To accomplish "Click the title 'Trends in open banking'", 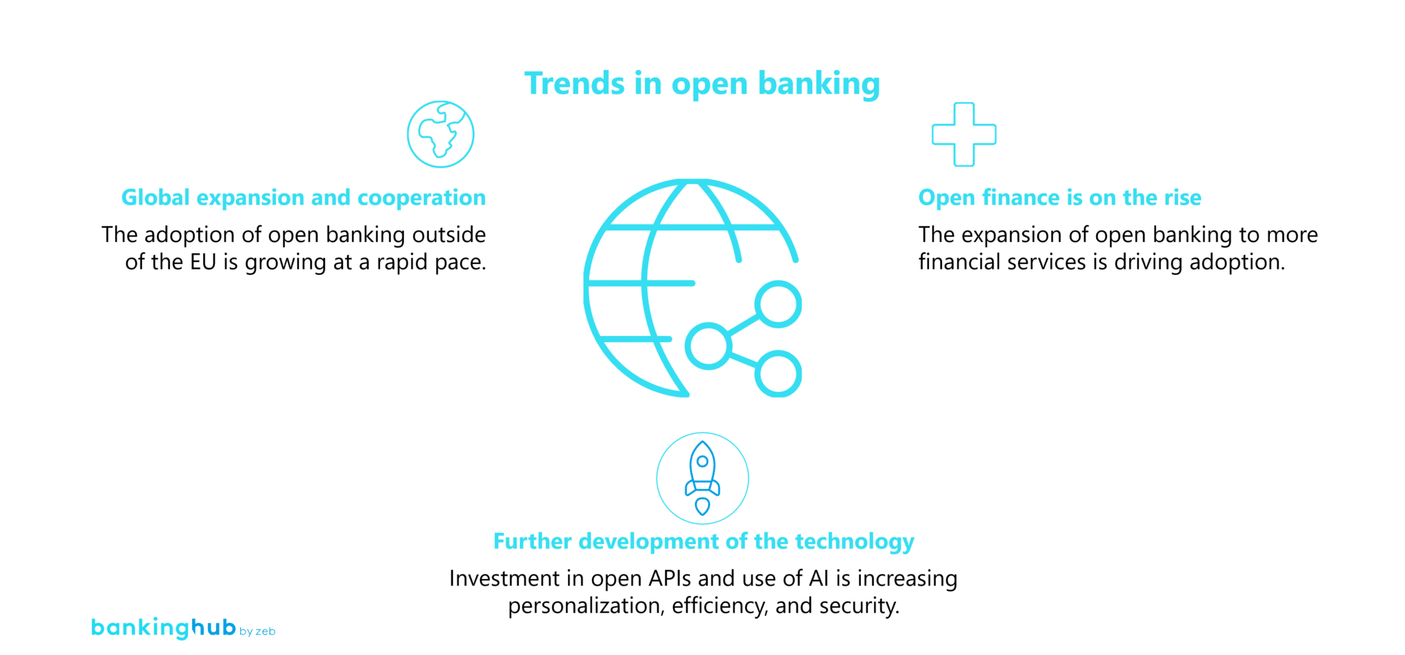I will tap(702, 84).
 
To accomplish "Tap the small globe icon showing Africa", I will tap(440, 134).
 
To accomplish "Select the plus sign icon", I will tap(964, 134).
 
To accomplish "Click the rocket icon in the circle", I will tap(702, 478).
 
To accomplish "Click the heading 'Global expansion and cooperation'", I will tap(303, 198).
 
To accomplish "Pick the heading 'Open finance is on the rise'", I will tap(1059, 198).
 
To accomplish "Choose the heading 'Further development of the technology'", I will tap(703, 541).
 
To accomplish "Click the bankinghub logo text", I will tap(163, 627).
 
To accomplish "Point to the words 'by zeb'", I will tap(257, 631).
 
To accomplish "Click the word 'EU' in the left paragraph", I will tap(203, 262).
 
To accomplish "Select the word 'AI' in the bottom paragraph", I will tap(818, 578).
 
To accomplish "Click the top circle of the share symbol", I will tap(778, 304).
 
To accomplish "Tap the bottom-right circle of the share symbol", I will tap(778, 374).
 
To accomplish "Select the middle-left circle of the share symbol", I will tap(707, 346).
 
